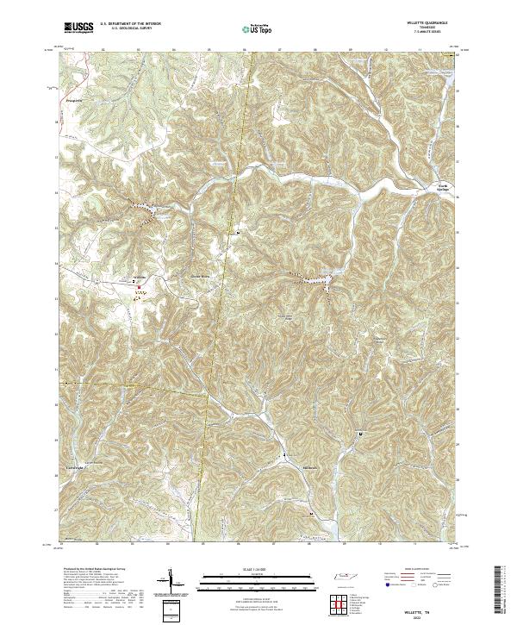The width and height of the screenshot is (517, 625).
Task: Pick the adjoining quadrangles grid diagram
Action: pos(342,603)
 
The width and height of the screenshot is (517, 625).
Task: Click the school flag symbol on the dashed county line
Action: pos(239,233)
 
